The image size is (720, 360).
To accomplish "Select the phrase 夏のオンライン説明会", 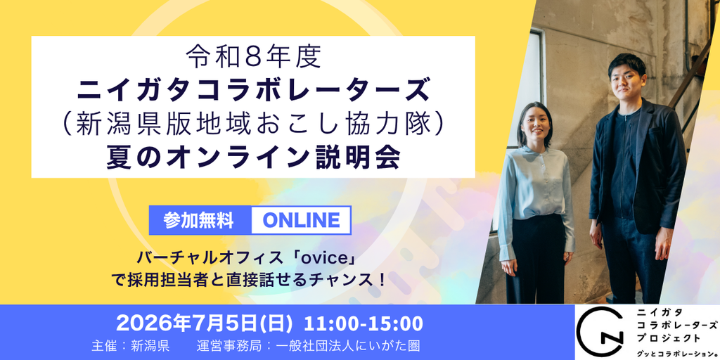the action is (253, 157).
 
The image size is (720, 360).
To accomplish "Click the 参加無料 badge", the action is (198, 221).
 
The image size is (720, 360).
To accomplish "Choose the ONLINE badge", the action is (301, 221).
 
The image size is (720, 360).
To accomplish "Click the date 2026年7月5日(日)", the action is (205, 323).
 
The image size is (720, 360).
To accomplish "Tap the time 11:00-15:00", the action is (364, 323).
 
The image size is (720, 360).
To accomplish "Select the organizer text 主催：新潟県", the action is (130, 346).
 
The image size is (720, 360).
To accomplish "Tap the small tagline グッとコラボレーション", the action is (677, 353).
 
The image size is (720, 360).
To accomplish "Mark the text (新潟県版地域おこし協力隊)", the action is (253, 124).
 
